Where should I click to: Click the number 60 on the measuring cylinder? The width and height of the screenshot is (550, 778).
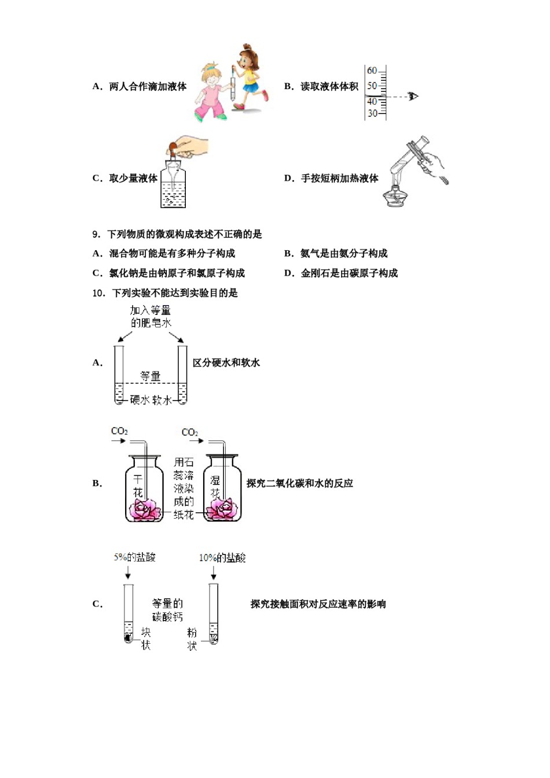[372, 71]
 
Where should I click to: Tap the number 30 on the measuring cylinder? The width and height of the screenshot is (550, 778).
[372, 113]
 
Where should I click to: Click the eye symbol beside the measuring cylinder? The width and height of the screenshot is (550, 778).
[413, 96]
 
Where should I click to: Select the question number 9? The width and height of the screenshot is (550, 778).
[96, 234]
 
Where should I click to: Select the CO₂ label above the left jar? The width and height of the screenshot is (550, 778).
[119, 431]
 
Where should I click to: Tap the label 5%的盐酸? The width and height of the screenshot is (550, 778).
[134, 557]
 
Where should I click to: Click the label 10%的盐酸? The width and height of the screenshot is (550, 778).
[222, 558]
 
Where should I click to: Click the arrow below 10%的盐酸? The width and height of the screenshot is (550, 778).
[214, 573]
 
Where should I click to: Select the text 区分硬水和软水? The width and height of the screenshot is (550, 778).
[226, 363]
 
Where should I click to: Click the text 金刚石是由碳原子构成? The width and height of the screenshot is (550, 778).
[349, 273]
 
